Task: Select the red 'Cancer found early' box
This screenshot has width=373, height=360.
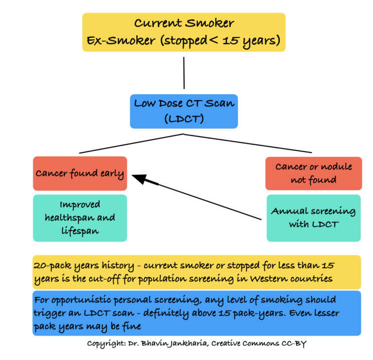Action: pyautogui.click(x=80, y=173)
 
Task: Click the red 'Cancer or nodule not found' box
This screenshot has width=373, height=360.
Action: pyautogui.click(x=313, y=173)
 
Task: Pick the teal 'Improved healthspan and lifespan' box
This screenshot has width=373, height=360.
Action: pyautogui.click(x=80, y=218)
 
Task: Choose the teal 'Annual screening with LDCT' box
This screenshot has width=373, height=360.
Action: pyautogui.click(x=313, y=218)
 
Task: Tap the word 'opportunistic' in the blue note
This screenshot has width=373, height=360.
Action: pyautogui.click(x=80, y=300)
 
